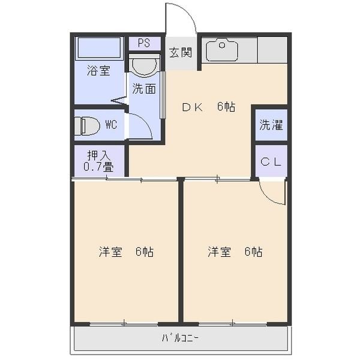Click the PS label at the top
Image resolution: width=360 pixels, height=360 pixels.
pos(143,43)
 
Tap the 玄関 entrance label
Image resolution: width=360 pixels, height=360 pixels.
pos(180,52)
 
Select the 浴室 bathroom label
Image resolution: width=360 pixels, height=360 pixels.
pos(98,70)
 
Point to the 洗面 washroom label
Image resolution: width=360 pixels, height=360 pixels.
pos(144,89)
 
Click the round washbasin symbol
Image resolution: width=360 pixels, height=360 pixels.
pos(144,66)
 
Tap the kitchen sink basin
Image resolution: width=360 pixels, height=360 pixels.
pos(221,51)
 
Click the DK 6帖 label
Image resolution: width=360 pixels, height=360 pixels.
pos(208,107)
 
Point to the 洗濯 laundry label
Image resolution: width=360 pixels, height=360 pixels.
pos(271,125)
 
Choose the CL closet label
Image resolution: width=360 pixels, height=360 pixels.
pos(271,161)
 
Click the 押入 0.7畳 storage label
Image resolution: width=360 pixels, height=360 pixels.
pos(99,161)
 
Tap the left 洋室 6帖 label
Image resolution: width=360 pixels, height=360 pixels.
pos(126,252)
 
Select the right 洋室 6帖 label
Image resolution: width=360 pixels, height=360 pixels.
pos(235,252)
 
